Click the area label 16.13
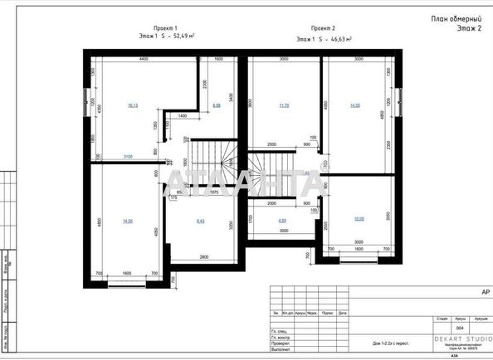click(x=133, y=105)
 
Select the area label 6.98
click(x=217, y=105)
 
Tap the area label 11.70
click(x=284, y=105)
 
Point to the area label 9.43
click(x=201, y=221)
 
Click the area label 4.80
click(x=282, y=221)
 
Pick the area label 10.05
click(x=359, y=219)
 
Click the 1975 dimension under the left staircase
click(x=212, y=191)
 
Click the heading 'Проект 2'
click(x=323, y=27)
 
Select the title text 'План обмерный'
click(x=456, y=18)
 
